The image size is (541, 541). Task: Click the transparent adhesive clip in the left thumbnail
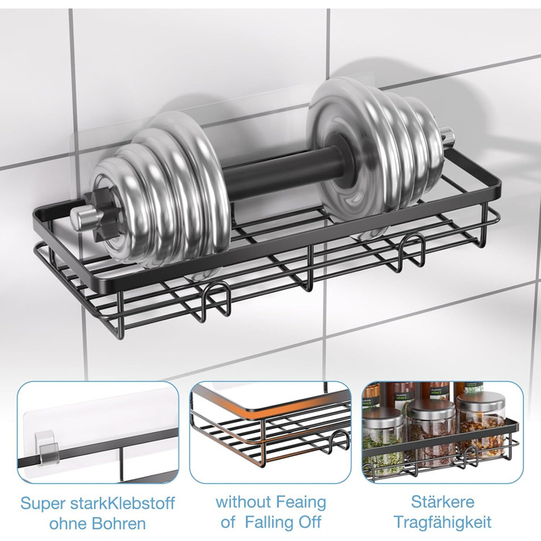coord(48,446)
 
